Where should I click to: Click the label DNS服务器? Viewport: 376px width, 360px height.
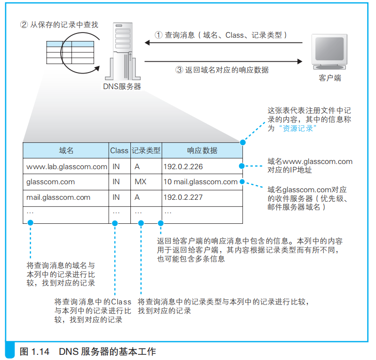click(x=122, y=86)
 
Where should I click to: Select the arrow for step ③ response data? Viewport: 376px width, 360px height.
click(x=224, y=61)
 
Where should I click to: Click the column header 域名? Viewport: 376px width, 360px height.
click(x=66, y=150)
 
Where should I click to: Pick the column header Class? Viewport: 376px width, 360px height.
click(x=119, y=150)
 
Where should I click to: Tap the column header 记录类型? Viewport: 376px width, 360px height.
click(x=146, y=150)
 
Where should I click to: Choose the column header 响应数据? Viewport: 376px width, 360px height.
click(x=202, y=150)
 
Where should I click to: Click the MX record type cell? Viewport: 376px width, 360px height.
click(x=141, y=182)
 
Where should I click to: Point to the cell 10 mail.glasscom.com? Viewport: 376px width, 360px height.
click(x=200, y=182)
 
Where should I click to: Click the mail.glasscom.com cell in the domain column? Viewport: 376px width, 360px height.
click(x=58, y=197)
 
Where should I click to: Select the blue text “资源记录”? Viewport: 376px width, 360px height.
click(x=296, y=129)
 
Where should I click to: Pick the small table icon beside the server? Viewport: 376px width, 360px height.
click(x=64, y=51)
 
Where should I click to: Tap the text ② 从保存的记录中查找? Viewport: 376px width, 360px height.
click(x=59, y=25)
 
